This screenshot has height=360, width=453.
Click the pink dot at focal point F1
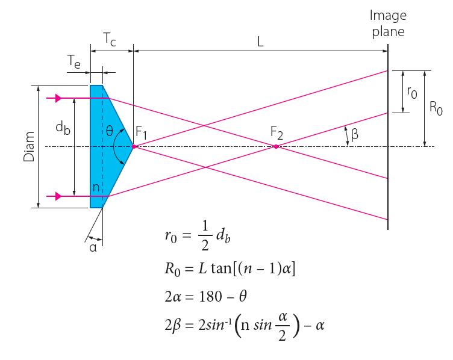click(134, 147)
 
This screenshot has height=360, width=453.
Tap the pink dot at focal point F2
click(276, 147)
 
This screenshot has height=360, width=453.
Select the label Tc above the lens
click(110, 39)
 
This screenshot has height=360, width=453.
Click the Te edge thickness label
click(74, 61)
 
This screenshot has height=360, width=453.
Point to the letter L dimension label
click(260, 42)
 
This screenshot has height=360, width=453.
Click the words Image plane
click(388, 23)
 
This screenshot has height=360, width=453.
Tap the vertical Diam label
click(29, 147)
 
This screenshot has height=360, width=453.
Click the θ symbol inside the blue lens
click(109, 131)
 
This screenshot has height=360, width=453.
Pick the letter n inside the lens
click(96, 188)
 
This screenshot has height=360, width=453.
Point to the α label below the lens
click(93, 247)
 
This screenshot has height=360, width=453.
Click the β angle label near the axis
click(354, 134)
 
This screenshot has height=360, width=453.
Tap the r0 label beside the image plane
click(412, 92)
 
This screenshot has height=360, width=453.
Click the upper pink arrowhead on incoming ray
click(58, 98)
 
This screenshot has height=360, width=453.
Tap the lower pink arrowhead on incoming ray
click(58, 196)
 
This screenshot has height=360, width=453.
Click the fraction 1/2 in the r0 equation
click(205, 235)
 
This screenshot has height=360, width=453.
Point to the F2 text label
click(276, 132)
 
